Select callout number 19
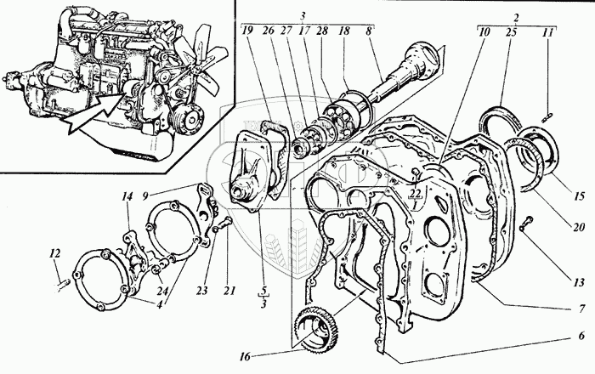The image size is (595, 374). pos(247,33)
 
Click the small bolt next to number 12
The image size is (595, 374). pos(62,281)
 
